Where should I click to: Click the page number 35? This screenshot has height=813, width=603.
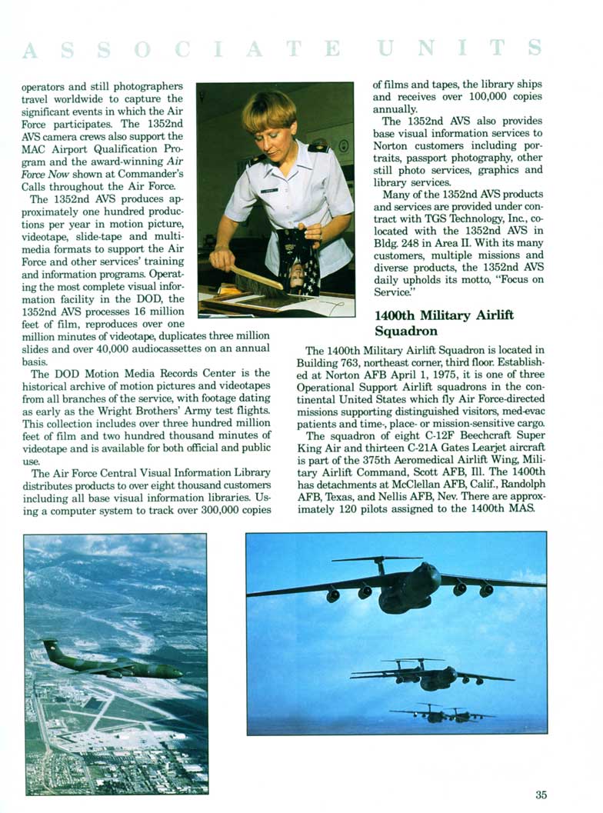pos(541,795)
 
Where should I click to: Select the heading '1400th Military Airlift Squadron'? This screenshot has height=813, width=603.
pos(444,323)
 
